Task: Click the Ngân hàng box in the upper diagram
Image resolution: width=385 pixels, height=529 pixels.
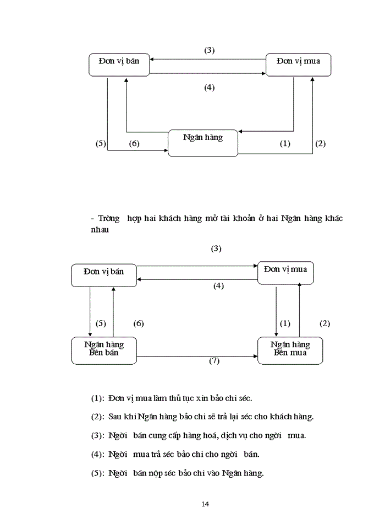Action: pyautogui.click(x=203, y=143)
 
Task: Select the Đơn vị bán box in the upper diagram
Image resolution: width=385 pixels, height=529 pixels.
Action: pyautogui.click(x=119, y=64)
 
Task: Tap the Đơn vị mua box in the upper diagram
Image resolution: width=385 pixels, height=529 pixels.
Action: pyautogui.click(x=298, y=64)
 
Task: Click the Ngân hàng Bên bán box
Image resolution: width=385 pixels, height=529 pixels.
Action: pyautogui.click(x=104, y=350)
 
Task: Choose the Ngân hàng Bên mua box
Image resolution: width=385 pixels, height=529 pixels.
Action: pyautogui.click(x=290, y=350)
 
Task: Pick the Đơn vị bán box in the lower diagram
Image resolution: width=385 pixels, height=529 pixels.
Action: pyautogui.click(x=104, y=274)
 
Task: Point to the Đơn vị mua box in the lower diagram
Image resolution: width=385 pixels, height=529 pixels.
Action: pyautogui.click(x=285, y=272)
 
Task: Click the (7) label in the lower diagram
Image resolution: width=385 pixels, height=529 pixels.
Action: pyautogui.click(x=215, y=360)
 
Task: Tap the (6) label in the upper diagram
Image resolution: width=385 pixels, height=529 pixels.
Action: pyautogui.click(x=134, y=144)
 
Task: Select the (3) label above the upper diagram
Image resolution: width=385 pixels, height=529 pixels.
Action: pyautogui.click(x=209, y=50)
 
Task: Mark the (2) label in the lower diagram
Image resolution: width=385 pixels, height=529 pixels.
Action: pyautogui.click(x=324, y=323)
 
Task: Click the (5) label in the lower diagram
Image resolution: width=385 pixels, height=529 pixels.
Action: pyautogui.click(x=101, y=323)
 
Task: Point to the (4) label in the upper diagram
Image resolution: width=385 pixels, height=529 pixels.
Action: pyautogui.click(x=209, y=87)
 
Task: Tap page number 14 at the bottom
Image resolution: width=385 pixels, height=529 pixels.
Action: pyautogui.click(x=205, y=504)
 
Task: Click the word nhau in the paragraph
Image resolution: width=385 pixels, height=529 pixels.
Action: pyautogui.click(x=100, y=230)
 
